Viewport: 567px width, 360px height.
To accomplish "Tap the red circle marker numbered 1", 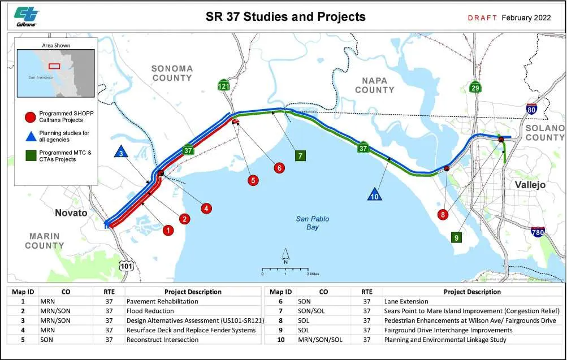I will pos(167,230).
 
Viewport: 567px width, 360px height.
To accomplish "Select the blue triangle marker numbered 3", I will pos(120,152).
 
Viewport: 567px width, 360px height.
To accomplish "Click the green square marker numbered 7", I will pos(300,156).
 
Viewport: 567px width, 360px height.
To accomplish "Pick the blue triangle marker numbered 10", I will pos(374,194).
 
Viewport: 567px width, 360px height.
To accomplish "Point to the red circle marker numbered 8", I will pos(443,215).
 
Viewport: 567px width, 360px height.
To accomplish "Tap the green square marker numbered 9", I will pos(456,238).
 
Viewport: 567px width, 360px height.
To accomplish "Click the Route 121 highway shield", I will pos(224,86).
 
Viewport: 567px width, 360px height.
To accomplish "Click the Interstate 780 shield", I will pos(538,232).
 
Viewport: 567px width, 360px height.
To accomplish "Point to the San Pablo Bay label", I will pos(313,223).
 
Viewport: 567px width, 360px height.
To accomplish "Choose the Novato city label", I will pos(71,213).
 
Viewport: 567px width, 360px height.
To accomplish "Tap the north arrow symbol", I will pos(286,257).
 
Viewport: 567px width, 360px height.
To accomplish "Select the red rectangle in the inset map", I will pos(54,66).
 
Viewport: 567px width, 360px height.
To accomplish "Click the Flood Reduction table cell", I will pos(150,311).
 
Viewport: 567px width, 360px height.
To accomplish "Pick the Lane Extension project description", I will pos(406,301).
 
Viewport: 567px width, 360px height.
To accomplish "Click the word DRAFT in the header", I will pos(482,18).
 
